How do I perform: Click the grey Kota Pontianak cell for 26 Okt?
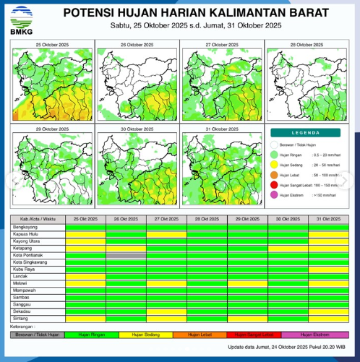126,255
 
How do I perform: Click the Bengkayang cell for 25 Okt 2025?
85,227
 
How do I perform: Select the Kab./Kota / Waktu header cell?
38,218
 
